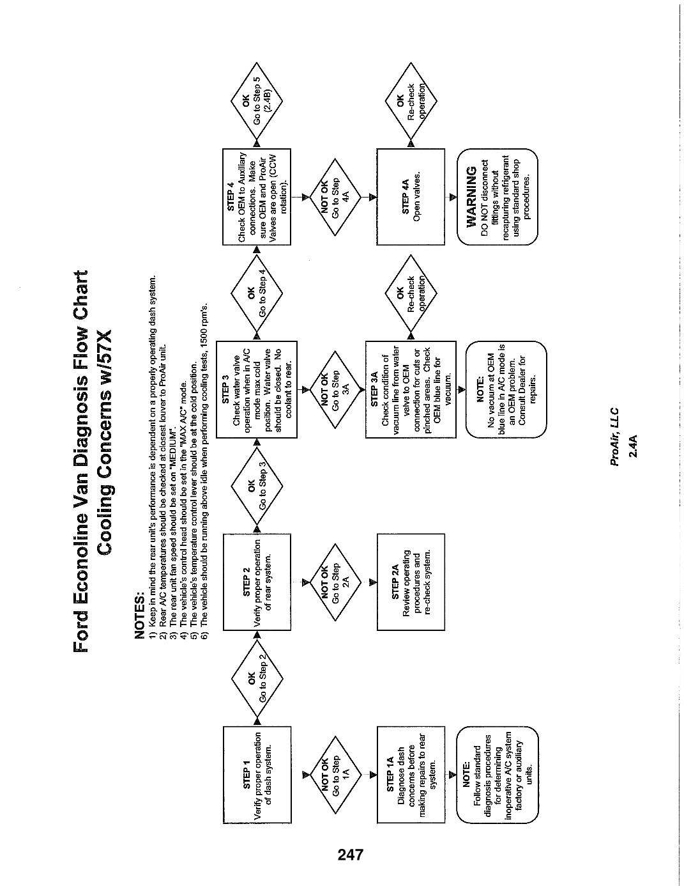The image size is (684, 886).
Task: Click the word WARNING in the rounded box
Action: (x=471, y=197)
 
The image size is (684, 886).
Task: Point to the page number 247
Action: (x=351, y=855)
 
